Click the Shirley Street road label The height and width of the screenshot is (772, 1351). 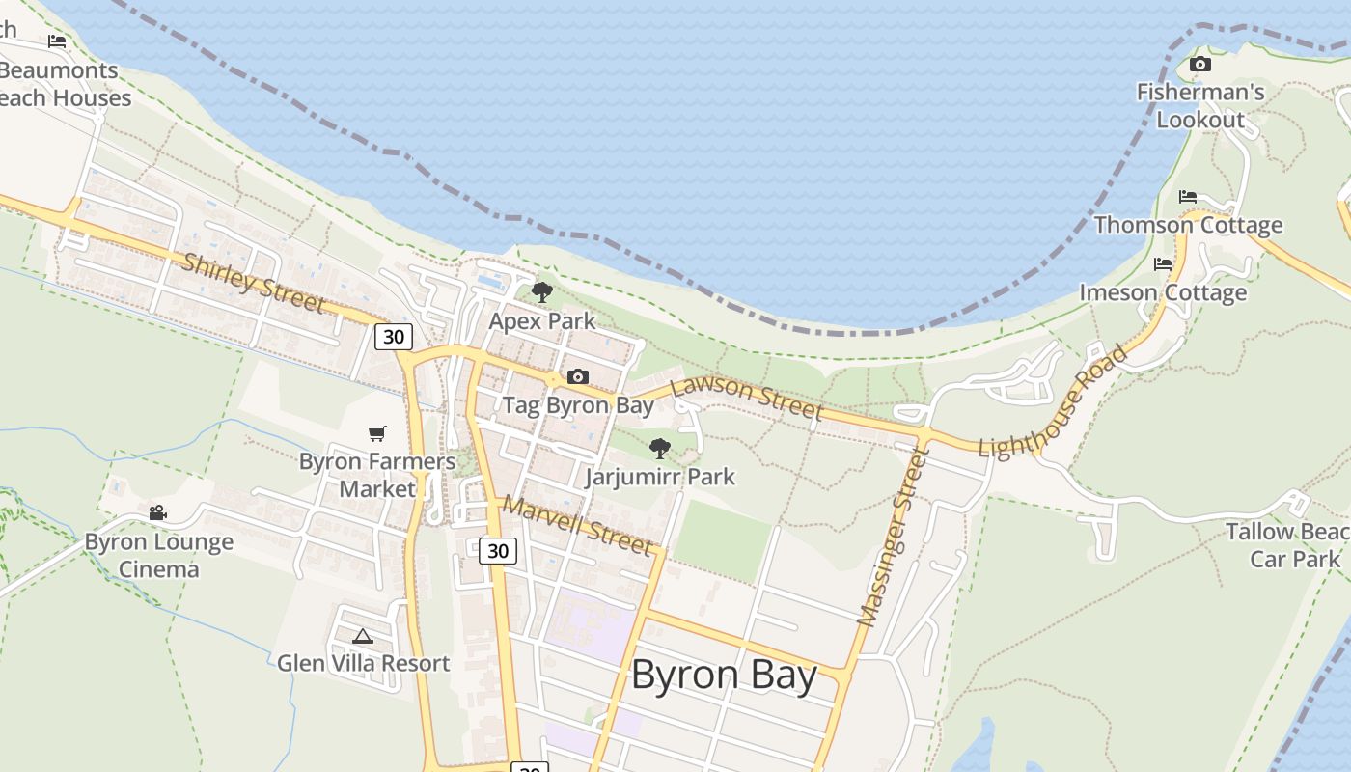coord(254,283)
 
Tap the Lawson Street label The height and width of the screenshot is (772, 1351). coord(747,398)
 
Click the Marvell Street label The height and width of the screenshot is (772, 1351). coord(577,526)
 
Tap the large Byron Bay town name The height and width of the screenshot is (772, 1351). coord(724,675)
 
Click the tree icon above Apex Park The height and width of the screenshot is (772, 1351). coord(542,291)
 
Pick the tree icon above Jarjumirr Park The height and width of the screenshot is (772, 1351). coord(660,448)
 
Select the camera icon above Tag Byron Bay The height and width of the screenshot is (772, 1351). coord(578,376)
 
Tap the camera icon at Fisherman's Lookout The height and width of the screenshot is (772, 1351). coord(1200,65)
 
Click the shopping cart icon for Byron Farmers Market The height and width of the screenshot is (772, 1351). coord(377,433)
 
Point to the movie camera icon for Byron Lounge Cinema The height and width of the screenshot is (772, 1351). coord(158,513)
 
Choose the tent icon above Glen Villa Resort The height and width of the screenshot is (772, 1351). coord(363,636)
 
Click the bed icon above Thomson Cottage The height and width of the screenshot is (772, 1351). coord(1188,197)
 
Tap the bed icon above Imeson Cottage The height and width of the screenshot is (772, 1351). coord(1163,263)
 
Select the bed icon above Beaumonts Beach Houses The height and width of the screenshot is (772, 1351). coord(57,41)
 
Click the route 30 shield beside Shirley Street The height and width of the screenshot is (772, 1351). coord(394,337)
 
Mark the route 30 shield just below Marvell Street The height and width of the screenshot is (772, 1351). coord(498,551)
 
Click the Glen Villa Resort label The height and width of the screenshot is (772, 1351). coord(364,664)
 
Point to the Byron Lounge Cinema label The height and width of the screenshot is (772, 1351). coord(159,555)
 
